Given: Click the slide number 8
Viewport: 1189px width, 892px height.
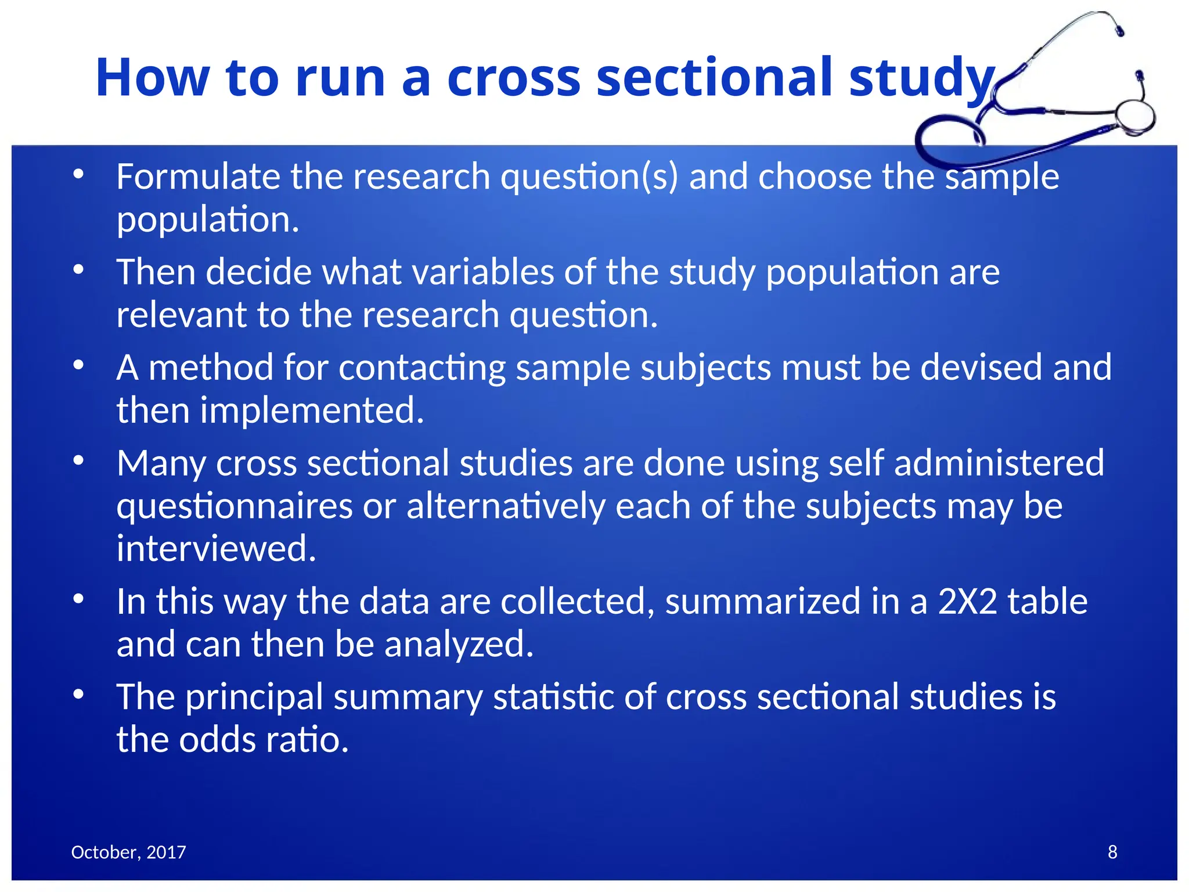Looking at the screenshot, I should (1112, 852).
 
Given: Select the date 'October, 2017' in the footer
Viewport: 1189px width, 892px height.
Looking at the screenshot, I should (128, 852).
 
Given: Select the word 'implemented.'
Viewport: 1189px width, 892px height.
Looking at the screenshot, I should (312, 411).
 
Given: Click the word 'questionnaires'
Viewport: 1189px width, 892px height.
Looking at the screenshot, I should (234, 506).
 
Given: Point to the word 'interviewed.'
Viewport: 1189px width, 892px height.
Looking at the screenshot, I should (216, 548).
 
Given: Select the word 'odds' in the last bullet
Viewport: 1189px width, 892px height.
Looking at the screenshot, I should (217, 740).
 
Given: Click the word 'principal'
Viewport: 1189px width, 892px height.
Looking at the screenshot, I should (254, 697).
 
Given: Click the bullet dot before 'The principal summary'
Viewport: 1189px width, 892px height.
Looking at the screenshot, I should (79, 695).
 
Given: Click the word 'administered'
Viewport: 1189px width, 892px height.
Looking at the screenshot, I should (999, 463).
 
